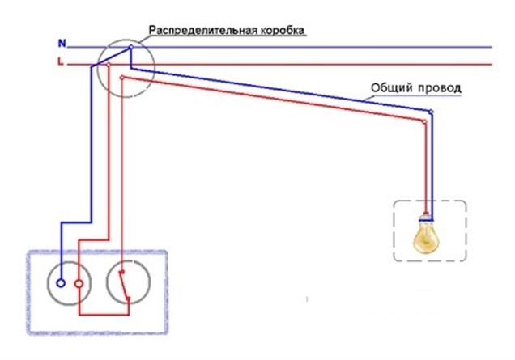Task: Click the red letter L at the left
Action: (x=62, y=61)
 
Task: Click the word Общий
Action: (x=389, y=86)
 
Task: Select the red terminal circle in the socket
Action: (x=79, y=284)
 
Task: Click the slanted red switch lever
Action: (x=122, y=284)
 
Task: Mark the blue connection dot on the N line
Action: (x=130, y=48)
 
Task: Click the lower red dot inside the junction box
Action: (x=121, y=78)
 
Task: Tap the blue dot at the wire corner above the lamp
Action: (x=431, y=112)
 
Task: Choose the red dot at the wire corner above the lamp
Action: (x=424, y=121)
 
